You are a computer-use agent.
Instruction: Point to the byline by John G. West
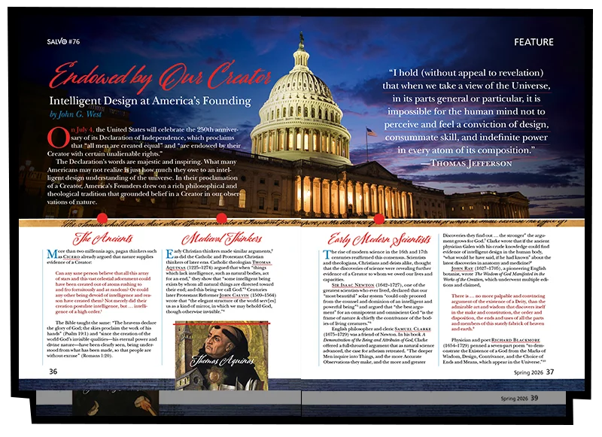(82, 115)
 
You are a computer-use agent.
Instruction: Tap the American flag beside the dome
(370, 132)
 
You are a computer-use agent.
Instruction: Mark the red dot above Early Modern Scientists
(379, 219)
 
